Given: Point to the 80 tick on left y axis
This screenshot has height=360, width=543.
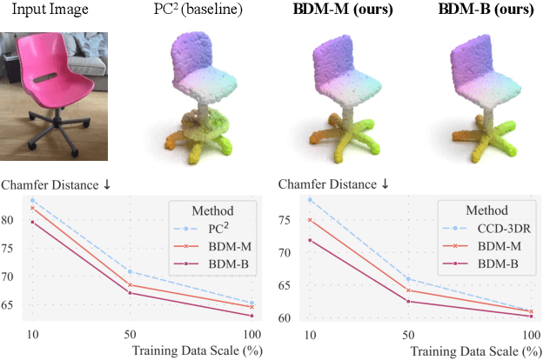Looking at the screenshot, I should (x=12, y=220).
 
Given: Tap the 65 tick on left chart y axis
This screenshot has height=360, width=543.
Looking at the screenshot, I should (x=12, y=305).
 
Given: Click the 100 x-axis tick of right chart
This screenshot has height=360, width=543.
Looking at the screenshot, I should (x=530, y=335).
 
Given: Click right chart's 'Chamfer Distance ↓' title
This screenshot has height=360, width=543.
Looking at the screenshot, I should (x=333, y=184).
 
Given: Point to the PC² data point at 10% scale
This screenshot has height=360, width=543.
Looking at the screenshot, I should (x=32, y=200).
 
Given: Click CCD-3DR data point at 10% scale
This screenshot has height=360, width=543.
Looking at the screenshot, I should (x=309, y=200).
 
